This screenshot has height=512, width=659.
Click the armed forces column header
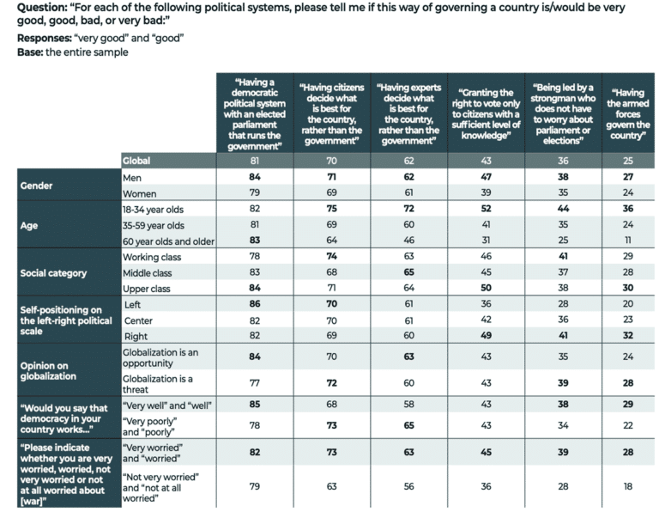631,113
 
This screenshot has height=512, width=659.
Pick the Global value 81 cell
255,161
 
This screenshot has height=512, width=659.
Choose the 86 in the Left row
255,305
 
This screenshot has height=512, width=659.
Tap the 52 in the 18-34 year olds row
487,208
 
